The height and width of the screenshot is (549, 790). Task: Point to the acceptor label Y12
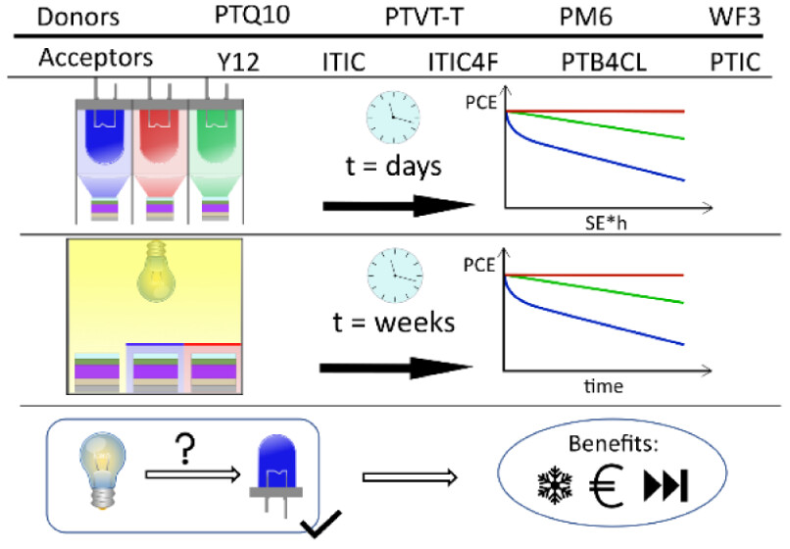242,61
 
